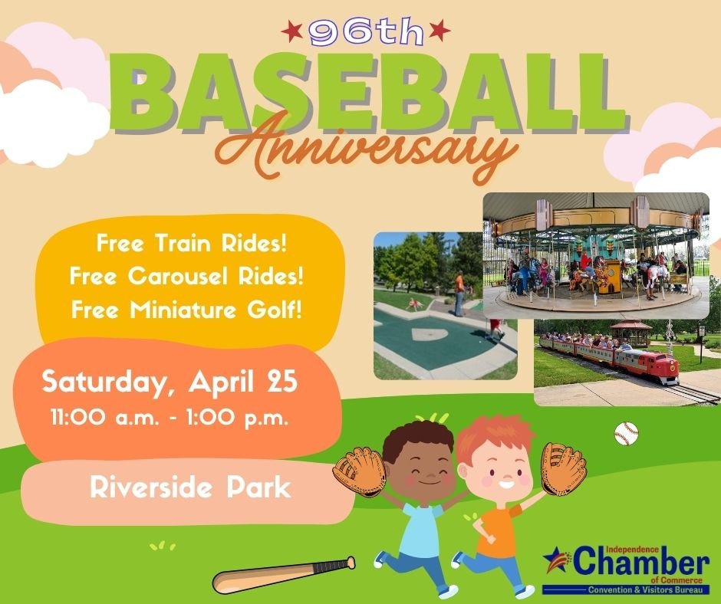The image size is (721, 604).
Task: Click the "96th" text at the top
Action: pyautogui.click(x=366, y=32)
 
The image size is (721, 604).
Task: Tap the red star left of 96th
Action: pyautogui.click(x=292, y=31)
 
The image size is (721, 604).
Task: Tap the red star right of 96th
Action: pyautogui.click(x=440, y=30)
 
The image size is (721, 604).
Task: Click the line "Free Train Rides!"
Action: pyautogui.click(x=191, y=243)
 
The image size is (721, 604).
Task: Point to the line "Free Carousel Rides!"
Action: pyautogui.click(x=186, y=276)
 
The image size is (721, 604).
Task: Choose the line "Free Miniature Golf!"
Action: pyautogui.click(x=186, y=310)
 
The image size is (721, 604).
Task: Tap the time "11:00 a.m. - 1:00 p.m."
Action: pyautogui.click(x=170, y=419)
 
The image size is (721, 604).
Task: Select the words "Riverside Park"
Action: pyautogui.click(x=190, y=487)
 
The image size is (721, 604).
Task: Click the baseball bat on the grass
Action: pyautogui.click(x=283, y=575)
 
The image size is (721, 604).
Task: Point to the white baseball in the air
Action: pyautogui.click(x=627, y=434)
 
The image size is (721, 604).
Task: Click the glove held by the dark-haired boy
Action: pyautogui.click(x=360, y=471)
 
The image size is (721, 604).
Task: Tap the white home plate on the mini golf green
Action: pyautogui.click(x=430, y=333)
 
